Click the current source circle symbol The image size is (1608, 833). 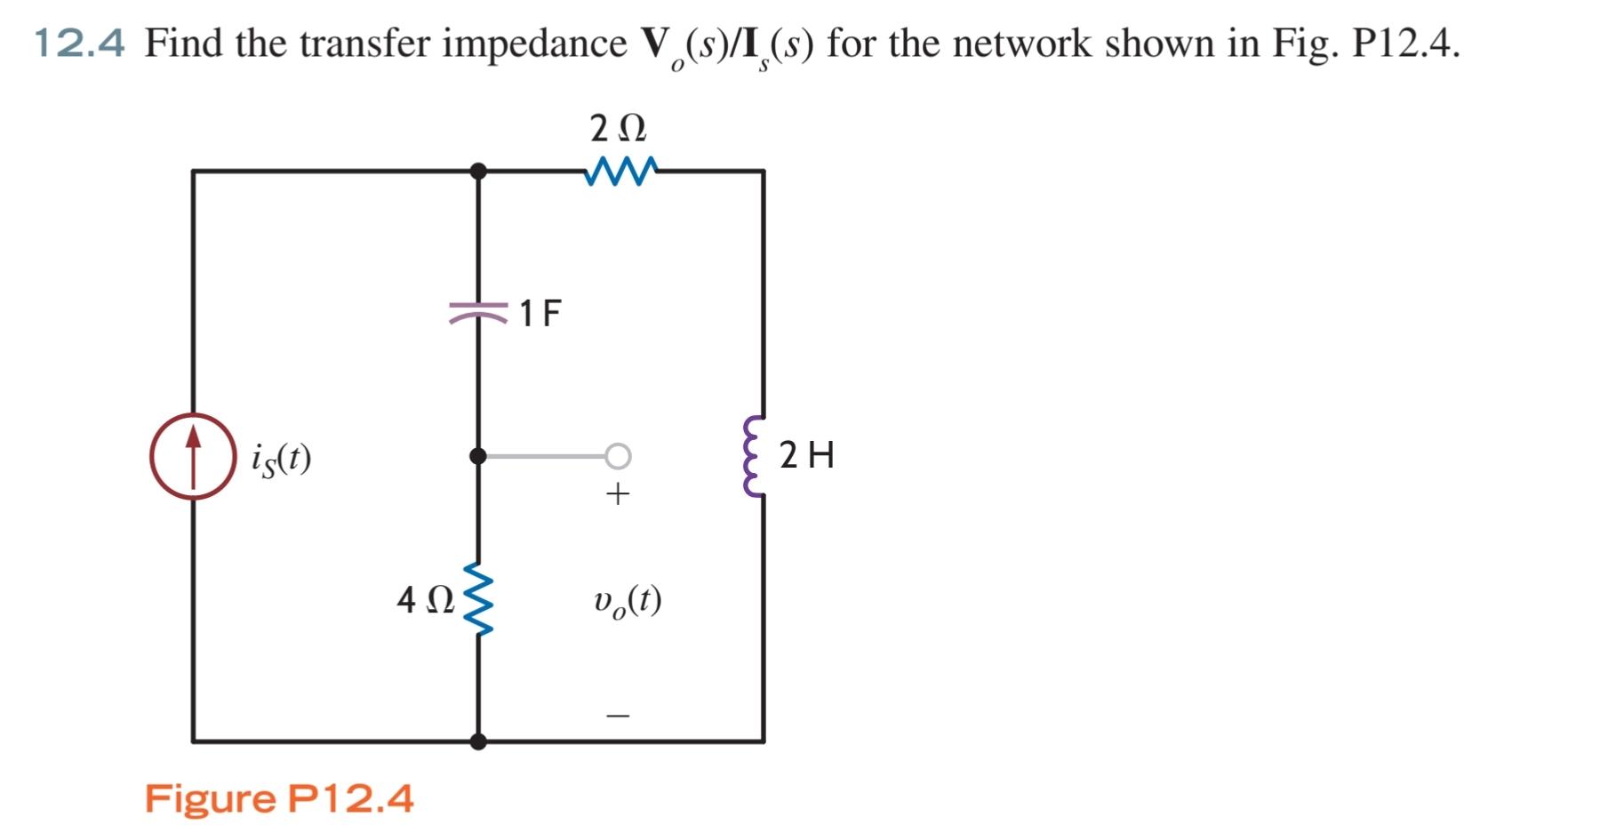coord(193,456)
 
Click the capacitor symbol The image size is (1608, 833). coord(478,312)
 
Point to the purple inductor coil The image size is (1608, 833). coord(755,456)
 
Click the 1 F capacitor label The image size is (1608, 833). coord(540,313)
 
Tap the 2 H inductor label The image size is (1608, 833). coord(807,455)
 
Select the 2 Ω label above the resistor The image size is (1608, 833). coord(619,129)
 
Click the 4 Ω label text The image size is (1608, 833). coord(425,600)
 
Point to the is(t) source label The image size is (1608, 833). coord(281,459)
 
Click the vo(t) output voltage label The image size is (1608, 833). coord(628,602)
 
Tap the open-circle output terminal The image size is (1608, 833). coord(619,456)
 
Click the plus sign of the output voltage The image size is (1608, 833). coord(618,493)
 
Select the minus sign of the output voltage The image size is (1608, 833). coord(618,715)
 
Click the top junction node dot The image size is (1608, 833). coord(478,171)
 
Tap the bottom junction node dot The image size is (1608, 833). coord(478,741)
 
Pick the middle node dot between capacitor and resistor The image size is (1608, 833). coord(478,456)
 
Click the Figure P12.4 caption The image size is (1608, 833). coord(279,798)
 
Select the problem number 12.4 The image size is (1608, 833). coord(79,43)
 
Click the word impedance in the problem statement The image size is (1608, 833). coord(534,44)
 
